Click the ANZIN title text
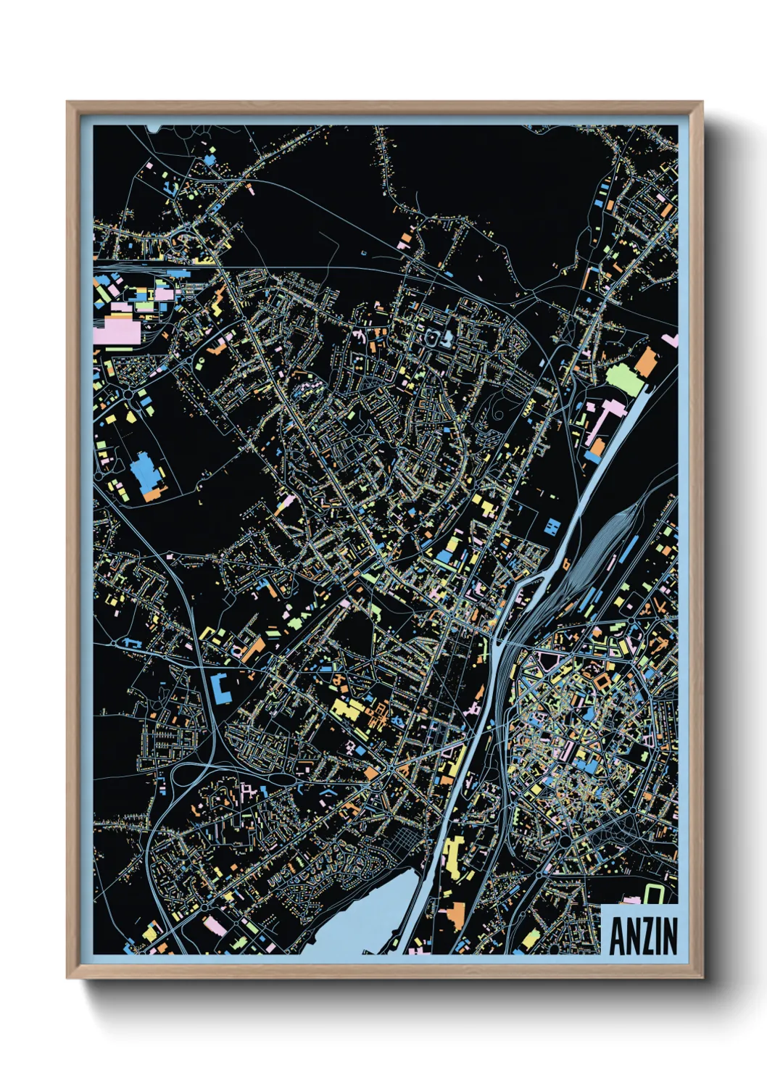[643, 936]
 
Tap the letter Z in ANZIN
[642, 936]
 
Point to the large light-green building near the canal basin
[624, 379]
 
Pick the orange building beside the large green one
[645, 362]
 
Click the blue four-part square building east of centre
[552, 525]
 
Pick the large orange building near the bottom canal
[455, 913]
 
